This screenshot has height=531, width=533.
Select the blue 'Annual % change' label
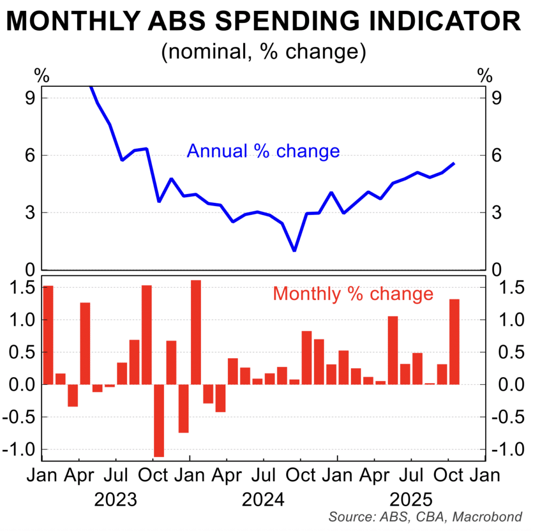[263, 151]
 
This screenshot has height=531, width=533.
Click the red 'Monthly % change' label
[353, 294]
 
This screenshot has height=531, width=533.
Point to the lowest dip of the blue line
[295, 250]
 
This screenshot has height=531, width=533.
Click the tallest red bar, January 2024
[196, 332]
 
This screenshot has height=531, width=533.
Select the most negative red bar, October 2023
[159, 420]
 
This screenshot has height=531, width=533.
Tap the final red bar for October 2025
[454, 342]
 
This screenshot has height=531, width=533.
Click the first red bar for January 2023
[48, 335]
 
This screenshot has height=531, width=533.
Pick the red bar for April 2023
[85, 343]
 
